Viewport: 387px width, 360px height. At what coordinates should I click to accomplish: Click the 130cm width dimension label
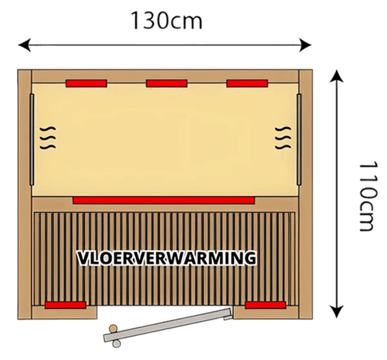click(x=167, y=21)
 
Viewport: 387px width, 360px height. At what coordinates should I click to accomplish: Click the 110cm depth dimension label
click(x=368, y=197)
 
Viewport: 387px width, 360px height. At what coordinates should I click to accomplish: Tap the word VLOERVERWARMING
click(x=167, y=258)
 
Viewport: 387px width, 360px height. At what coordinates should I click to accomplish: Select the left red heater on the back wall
click(x=86, y=84)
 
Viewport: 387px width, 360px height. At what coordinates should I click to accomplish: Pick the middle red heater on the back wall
click(x=167, y=84)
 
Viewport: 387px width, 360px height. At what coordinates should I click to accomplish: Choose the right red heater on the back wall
click(x=247, y=84)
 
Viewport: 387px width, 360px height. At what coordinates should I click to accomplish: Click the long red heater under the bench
click(x=163, y=200)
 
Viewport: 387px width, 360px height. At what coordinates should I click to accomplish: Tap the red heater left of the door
click(x=65, y=305)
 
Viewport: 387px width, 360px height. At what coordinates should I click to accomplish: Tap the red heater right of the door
click(x=265, y=305)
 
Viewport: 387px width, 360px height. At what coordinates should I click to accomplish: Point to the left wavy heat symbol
click(x=48, y=138)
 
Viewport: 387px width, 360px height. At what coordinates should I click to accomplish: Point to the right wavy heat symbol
click(x=283, y=138)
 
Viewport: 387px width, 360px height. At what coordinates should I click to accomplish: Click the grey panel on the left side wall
click(x=32, y=140)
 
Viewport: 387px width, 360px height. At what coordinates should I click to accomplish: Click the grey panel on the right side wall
click(x=299, y=140)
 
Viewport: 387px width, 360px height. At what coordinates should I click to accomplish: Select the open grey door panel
click(x=168, y=325)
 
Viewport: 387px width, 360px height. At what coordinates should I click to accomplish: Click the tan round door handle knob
click(x=113, y=328)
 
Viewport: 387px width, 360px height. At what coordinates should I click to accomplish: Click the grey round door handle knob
click(x=117, y=343)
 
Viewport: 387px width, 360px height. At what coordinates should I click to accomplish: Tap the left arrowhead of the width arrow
click(x=24, y=45)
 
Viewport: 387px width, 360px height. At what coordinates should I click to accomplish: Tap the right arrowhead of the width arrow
click(x=305, y=45)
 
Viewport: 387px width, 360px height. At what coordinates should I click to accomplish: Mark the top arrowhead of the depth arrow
click(x=337, y=76)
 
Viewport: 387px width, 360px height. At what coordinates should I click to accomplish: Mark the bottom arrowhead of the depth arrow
click(x=337, y=312)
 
